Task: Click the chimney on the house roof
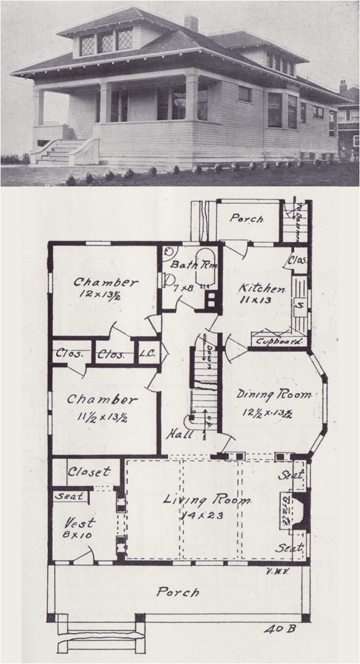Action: (191, 23)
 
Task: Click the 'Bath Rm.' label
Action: (186, 264)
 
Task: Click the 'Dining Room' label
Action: (273, 395)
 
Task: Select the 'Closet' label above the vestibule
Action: (89, 472)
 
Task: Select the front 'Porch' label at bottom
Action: (178, 592)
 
